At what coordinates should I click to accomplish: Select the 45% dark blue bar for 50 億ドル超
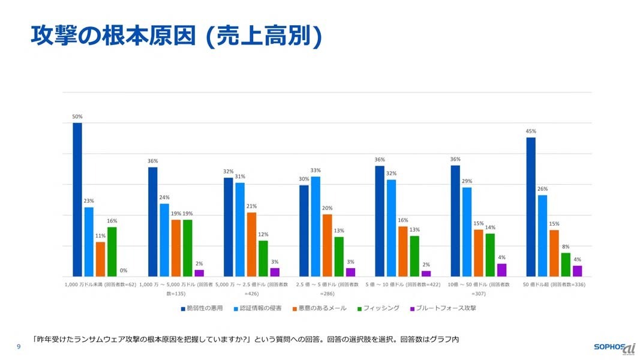click(531, 207)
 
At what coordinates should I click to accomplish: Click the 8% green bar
click(566, 265)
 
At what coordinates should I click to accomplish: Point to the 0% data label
click(123, 271)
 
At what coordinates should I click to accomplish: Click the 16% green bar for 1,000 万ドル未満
click(112, 251)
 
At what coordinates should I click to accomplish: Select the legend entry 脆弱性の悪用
click(202, 308)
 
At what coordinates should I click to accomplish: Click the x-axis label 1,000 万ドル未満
click(100, 284)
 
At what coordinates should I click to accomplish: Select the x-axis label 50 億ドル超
click(553, 284)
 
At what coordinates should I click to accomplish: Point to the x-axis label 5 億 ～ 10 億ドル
click(402, 284)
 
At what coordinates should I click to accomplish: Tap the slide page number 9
click(19, 347)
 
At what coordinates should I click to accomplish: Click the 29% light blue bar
click(467, 232)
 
